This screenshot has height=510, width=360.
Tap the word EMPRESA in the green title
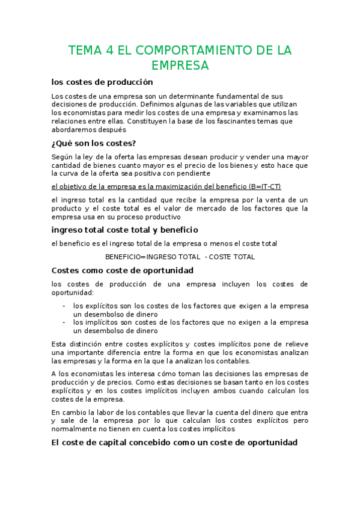coord(180,66)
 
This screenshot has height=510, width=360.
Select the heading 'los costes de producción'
coord(102,82)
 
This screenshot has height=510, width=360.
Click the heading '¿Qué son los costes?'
coord(94,143)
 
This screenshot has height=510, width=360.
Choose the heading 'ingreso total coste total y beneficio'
coord(125,230)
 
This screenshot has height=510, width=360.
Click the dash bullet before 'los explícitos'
coord(64,306)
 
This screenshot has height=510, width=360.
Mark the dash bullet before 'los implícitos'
coord(64,322)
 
